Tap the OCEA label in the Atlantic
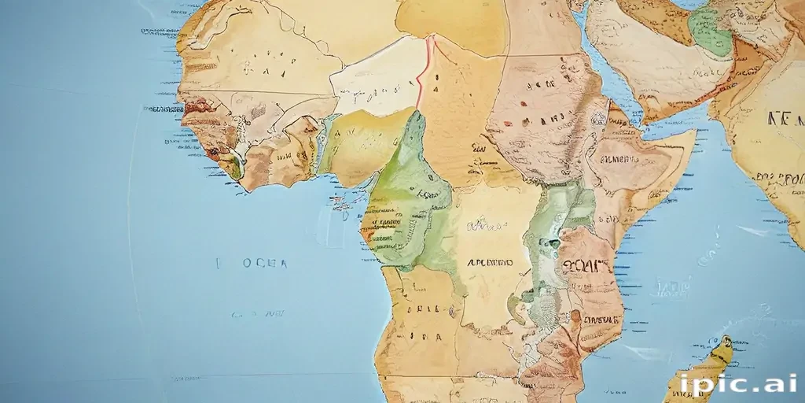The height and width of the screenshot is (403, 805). [x=254, y=264]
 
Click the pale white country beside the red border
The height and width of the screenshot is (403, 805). [x=377, y=79]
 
